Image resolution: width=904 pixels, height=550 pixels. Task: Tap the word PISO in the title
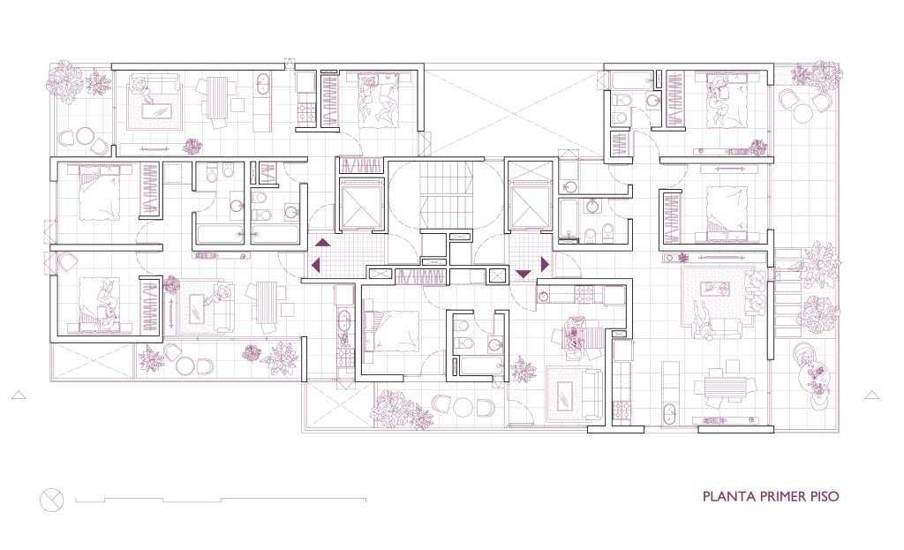pos(825,496)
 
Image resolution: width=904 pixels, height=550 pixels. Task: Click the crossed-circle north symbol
pos(51,500)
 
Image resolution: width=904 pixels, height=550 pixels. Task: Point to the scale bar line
pos(221,500)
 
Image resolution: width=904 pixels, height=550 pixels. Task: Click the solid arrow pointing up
pos(321,243)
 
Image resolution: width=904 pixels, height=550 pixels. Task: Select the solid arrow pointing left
pos(316,265)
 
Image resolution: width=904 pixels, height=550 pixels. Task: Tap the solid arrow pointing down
pos(523,274)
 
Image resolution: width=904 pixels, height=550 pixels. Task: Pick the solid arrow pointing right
pos(545,264)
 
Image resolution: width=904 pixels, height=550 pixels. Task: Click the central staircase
pos(446,195)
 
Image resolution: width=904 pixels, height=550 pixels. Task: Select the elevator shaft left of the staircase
pos(363,205)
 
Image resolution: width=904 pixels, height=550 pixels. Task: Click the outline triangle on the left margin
pos(19,395)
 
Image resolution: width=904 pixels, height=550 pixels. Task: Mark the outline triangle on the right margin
pos(871,395)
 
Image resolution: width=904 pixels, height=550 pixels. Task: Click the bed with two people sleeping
pos(378,99)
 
